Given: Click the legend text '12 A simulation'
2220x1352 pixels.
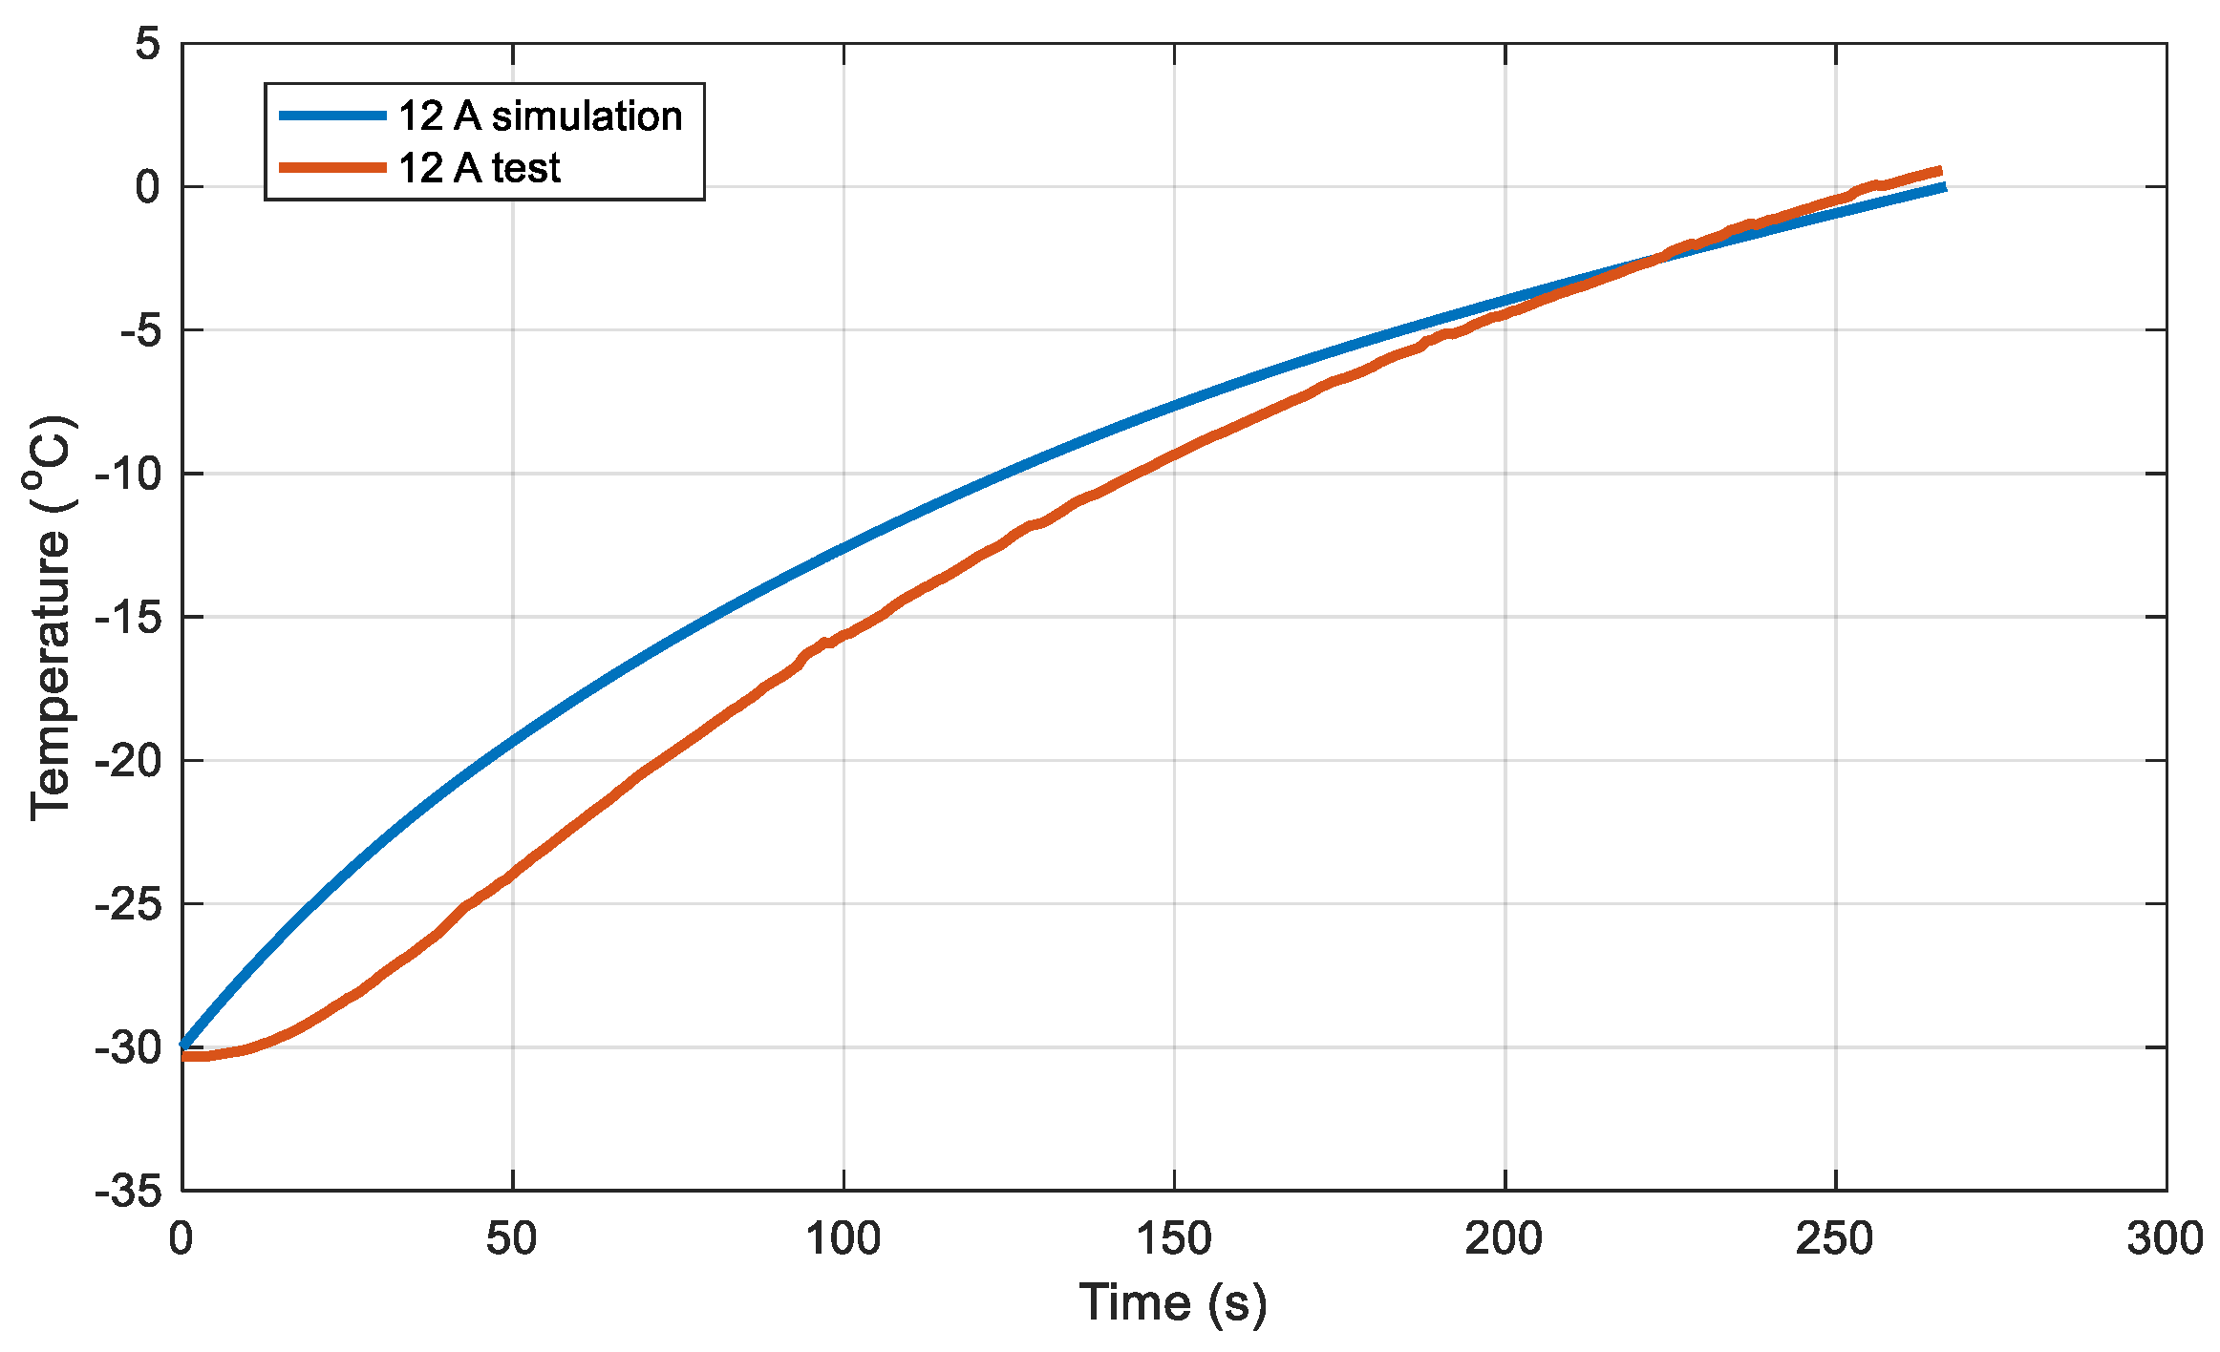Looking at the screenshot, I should [540, 116].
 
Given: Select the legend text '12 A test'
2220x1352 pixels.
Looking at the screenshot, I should [479, 168].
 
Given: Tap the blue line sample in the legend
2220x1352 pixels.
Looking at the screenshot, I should [332, 116].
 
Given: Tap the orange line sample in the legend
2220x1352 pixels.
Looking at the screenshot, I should [332, 167].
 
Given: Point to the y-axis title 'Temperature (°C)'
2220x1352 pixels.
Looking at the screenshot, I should [50, 618].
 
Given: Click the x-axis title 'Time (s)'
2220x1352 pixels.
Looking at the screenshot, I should [1173, 1302].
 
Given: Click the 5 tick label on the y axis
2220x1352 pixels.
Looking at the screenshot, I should [147, 44].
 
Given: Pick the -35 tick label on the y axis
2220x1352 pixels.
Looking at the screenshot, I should [128, 1192].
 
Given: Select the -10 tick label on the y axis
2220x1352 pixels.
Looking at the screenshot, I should [128, 475].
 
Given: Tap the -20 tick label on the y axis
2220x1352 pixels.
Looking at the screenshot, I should [128, 761].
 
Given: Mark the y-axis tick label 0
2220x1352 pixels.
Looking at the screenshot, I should [147, 187].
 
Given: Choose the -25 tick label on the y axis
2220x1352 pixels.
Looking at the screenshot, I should [128, 904].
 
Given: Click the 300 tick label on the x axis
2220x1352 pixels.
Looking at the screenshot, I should [2165, 1239].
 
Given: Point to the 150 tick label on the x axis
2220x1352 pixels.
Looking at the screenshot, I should [1173, 1239].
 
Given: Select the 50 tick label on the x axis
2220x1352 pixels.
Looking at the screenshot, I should [511, 1239].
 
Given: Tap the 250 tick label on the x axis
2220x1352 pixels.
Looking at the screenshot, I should [1834, 1239].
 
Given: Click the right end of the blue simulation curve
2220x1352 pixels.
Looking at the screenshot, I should [1943, 188].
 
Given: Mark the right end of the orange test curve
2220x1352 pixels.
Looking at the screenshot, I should [1939, 171].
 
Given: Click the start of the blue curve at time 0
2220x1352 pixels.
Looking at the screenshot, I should [183, 1046].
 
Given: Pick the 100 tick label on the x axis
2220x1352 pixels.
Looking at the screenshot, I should [843, 1239].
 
